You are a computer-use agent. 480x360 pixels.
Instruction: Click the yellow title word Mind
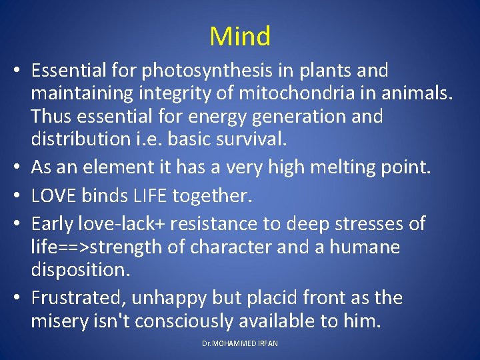pyautogui.click(x=240, y=36)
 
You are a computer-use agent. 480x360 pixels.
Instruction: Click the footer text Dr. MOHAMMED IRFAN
pyautogui.click(x=240, y=343)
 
